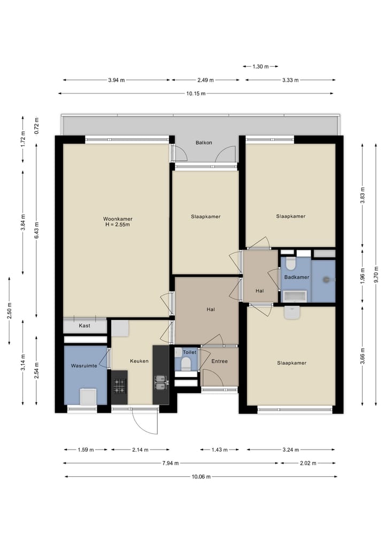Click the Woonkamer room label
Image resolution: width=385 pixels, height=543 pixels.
(118, 219)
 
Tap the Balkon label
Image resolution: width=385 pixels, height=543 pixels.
(204, 143)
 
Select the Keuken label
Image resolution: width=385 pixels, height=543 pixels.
(139, 361)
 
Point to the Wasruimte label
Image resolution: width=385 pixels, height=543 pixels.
(84, 366)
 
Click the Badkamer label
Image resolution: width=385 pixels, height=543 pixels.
(297, 277)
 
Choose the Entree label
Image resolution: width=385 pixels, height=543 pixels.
(220, 361)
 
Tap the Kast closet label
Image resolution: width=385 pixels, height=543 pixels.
(84, 326)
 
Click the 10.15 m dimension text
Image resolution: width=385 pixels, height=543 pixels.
(196, 93)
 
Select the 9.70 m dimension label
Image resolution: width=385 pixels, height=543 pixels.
(376, 274)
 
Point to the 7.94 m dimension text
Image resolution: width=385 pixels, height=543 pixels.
(170, 463)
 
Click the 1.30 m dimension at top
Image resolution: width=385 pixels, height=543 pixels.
(260, 66)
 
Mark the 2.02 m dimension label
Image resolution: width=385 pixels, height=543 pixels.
(308, 463)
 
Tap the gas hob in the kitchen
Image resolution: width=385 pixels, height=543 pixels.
(119, 386)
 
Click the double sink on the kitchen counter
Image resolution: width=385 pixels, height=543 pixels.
(160, 382)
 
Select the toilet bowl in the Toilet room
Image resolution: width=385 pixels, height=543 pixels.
(186, 364)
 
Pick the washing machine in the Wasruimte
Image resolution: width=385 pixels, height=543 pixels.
(88, 397)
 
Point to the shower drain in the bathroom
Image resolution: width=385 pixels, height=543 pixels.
(326, 280)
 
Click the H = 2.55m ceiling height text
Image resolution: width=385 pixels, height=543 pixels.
(118, 224)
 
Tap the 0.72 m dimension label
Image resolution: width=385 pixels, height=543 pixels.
(37, 125)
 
